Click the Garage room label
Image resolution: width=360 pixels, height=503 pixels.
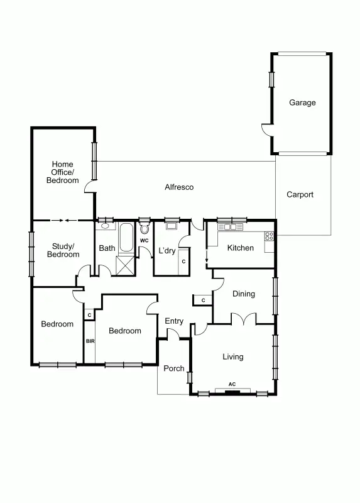(x=302, y=102)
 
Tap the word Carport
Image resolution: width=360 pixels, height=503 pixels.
(x=300, y=194)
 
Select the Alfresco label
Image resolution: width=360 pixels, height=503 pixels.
(x=179, y=187)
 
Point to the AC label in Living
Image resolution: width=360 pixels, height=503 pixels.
(x=232, y=384)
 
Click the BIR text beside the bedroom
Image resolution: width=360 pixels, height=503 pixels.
(x=89, y=341)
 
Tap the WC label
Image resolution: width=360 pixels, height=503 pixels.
(x=144, y=240)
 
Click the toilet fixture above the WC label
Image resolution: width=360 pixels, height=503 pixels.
(x=145, y=228)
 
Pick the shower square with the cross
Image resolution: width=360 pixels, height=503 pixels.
(x=126, y=266)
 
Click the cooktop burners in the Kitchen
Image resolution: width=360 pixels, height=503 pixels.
(x=270, y=236)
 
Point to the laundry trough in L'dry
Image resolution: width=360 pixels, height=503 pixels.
(x=170, y=227)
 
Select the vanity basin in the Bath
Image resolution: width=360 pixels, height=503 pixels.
(x=104, y=226)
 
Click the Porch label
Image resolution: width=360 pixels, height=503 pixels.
(x=173, y=368)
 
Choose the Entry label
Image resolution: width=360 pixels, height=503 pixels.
(x=174, y=321)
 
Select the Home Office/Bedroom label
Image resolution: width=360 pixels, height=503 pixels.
(x=62, y=172)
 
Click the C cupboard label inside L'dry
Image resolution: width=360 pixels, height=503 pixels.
(x=183, y=261)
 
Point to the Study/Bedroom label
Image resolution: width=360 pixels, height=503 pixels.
(x=63, y=250)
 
